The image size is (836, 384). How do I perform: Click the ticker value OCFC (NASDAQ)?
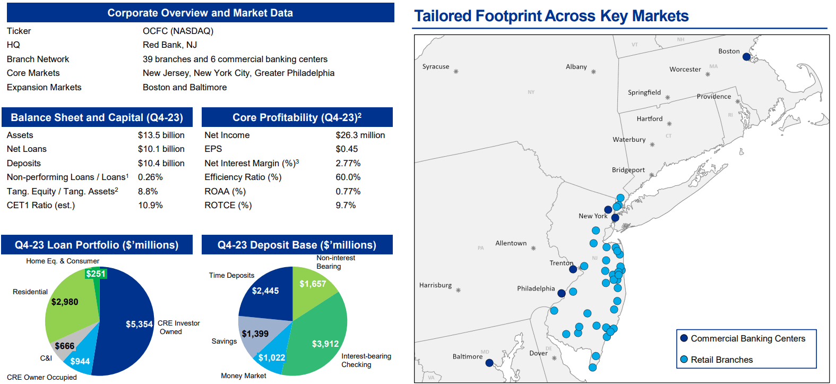(178, 31)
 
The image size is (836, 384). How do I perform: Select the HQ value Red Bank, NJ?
(169, 45)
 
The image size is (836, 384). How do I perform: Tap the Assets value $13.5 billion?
(161, 135)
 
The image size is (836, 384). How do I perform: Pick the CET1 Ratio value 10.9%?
(150, 206)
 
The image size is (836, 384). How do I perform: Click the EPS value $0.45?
(347, 149)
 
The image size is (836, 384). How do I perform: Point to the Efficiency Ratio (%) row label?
(243, 177)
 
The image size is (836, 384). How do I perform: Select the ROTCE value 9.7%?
(346, 206)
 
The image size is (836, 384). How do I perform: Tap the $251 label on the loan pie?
(96, 274)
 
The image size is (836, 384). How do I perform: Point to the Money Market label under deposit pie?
(244, 376)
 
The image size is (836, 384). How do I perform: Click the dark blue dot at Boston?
(746, 57)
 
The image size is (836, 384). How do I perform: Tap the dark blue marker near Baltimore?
(489, 363)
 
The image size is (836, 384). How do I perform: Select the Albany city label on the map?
(576, 67)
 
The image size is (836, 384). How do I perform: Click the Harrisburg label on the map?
(435, 285)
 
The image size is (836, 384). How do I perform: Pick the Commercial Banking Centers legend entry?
(747, 339)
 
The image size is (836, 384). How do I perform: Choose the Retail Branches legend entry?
(721, 360)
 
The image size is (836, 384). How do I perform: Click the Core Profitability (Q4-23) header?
(297, 117)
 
